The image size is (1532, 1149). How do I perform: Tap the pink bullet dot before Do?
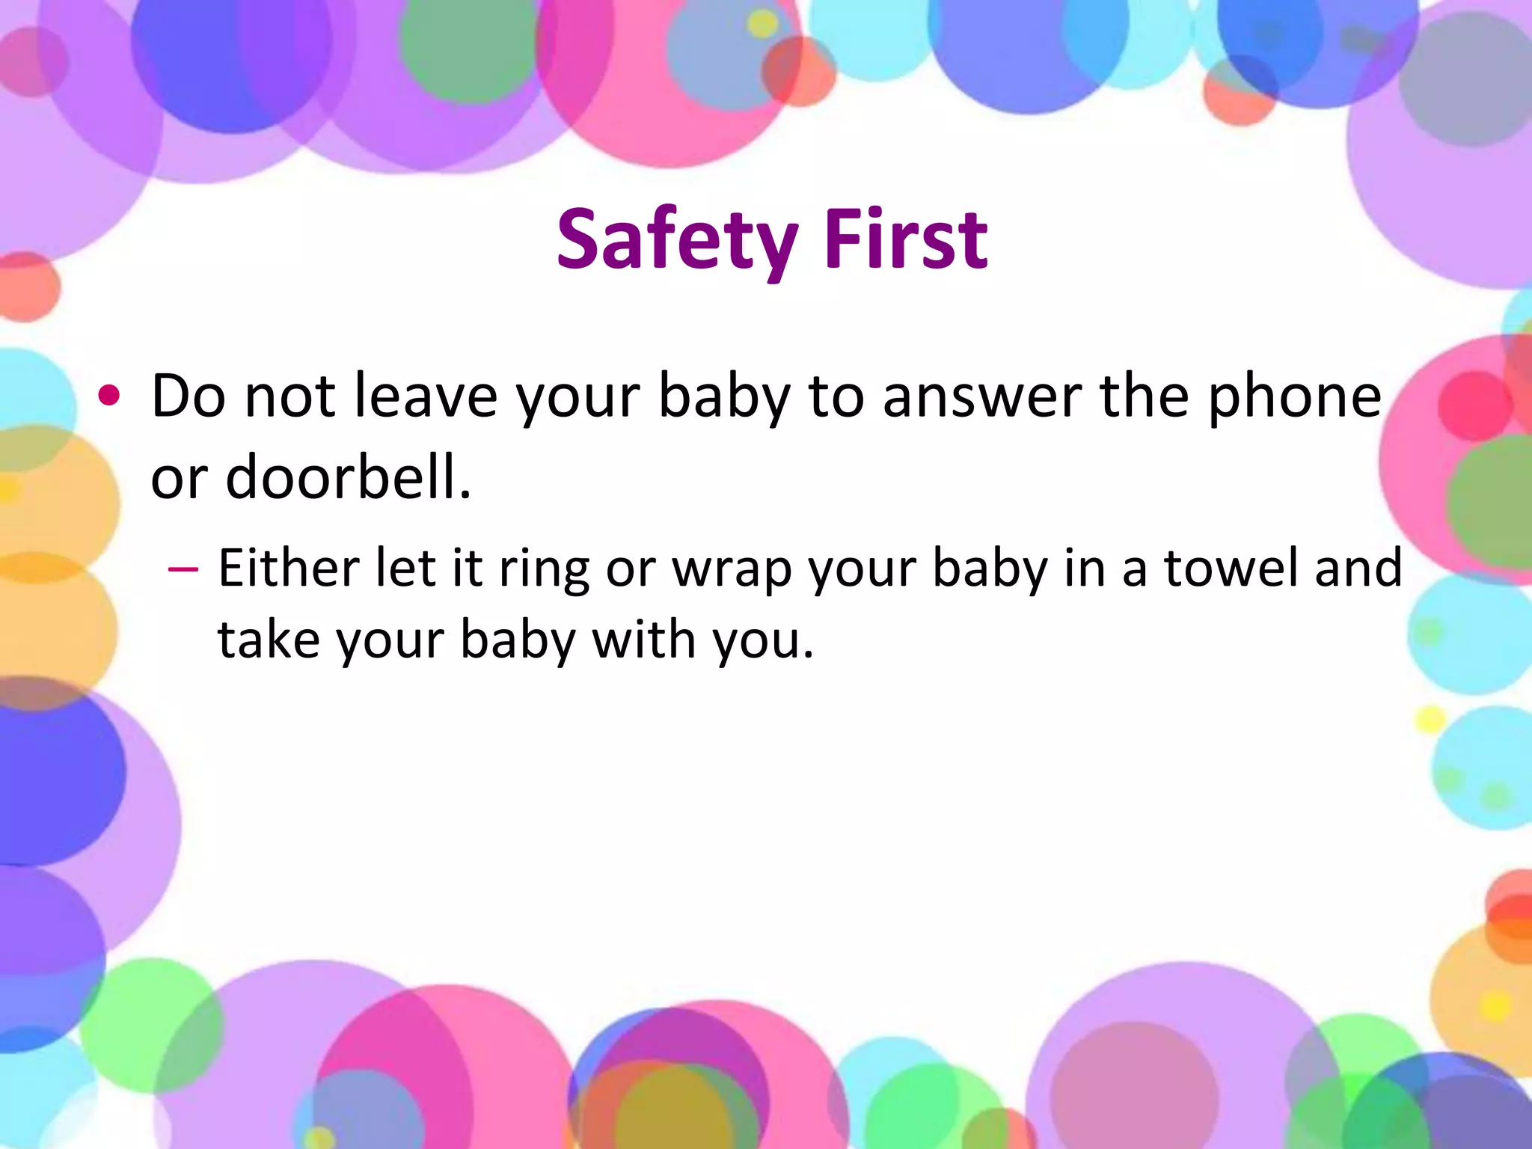(x=109, y=396)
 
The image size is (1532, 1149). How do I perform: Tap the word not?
(x=289, y=396)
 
